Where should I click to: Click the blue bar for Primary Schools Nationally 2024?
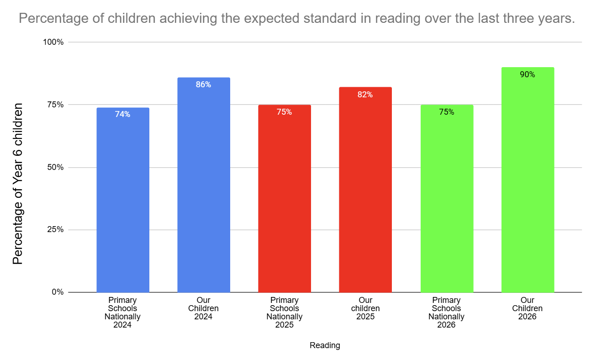[x=123, y=200]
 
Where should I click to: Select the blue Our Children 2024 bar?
[x=204, y=185]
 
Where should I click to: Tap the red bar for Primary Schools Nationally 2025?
[x=285, y=199]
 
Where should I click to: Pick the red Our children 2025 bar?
[x=365, y=190]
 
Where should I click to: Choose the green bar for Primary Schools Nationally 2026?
[x=447, y=199]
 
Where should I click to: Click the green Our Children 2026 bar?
[x=528, y=180]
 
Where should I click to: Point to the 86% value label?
[x=203, y=85]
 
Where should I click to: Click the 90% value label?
[x=528, y=74]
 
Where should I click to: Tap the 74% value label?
[x=122, y=114]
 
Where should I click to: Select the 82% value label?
[x=365, y=95]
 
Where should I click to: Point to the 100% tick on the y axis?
[x=53, y=42]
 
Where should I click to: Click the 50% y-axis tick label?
[x=55, y=167]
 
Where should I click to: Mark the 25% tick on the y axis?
[x=55, y=230]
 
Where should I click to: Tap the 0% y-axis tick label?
[x=58, y=292]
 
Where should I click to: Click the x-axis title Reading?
[x=325, y=345]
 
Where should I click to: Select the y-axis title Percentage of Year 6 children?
[x=18, y=184]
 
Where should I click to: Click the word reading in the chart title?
[x=398, y=18]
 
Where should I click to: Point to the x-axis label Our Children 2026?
[x=528, y=308]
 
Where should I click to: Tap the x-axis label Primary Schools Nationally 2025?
[x=285, y=312]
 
